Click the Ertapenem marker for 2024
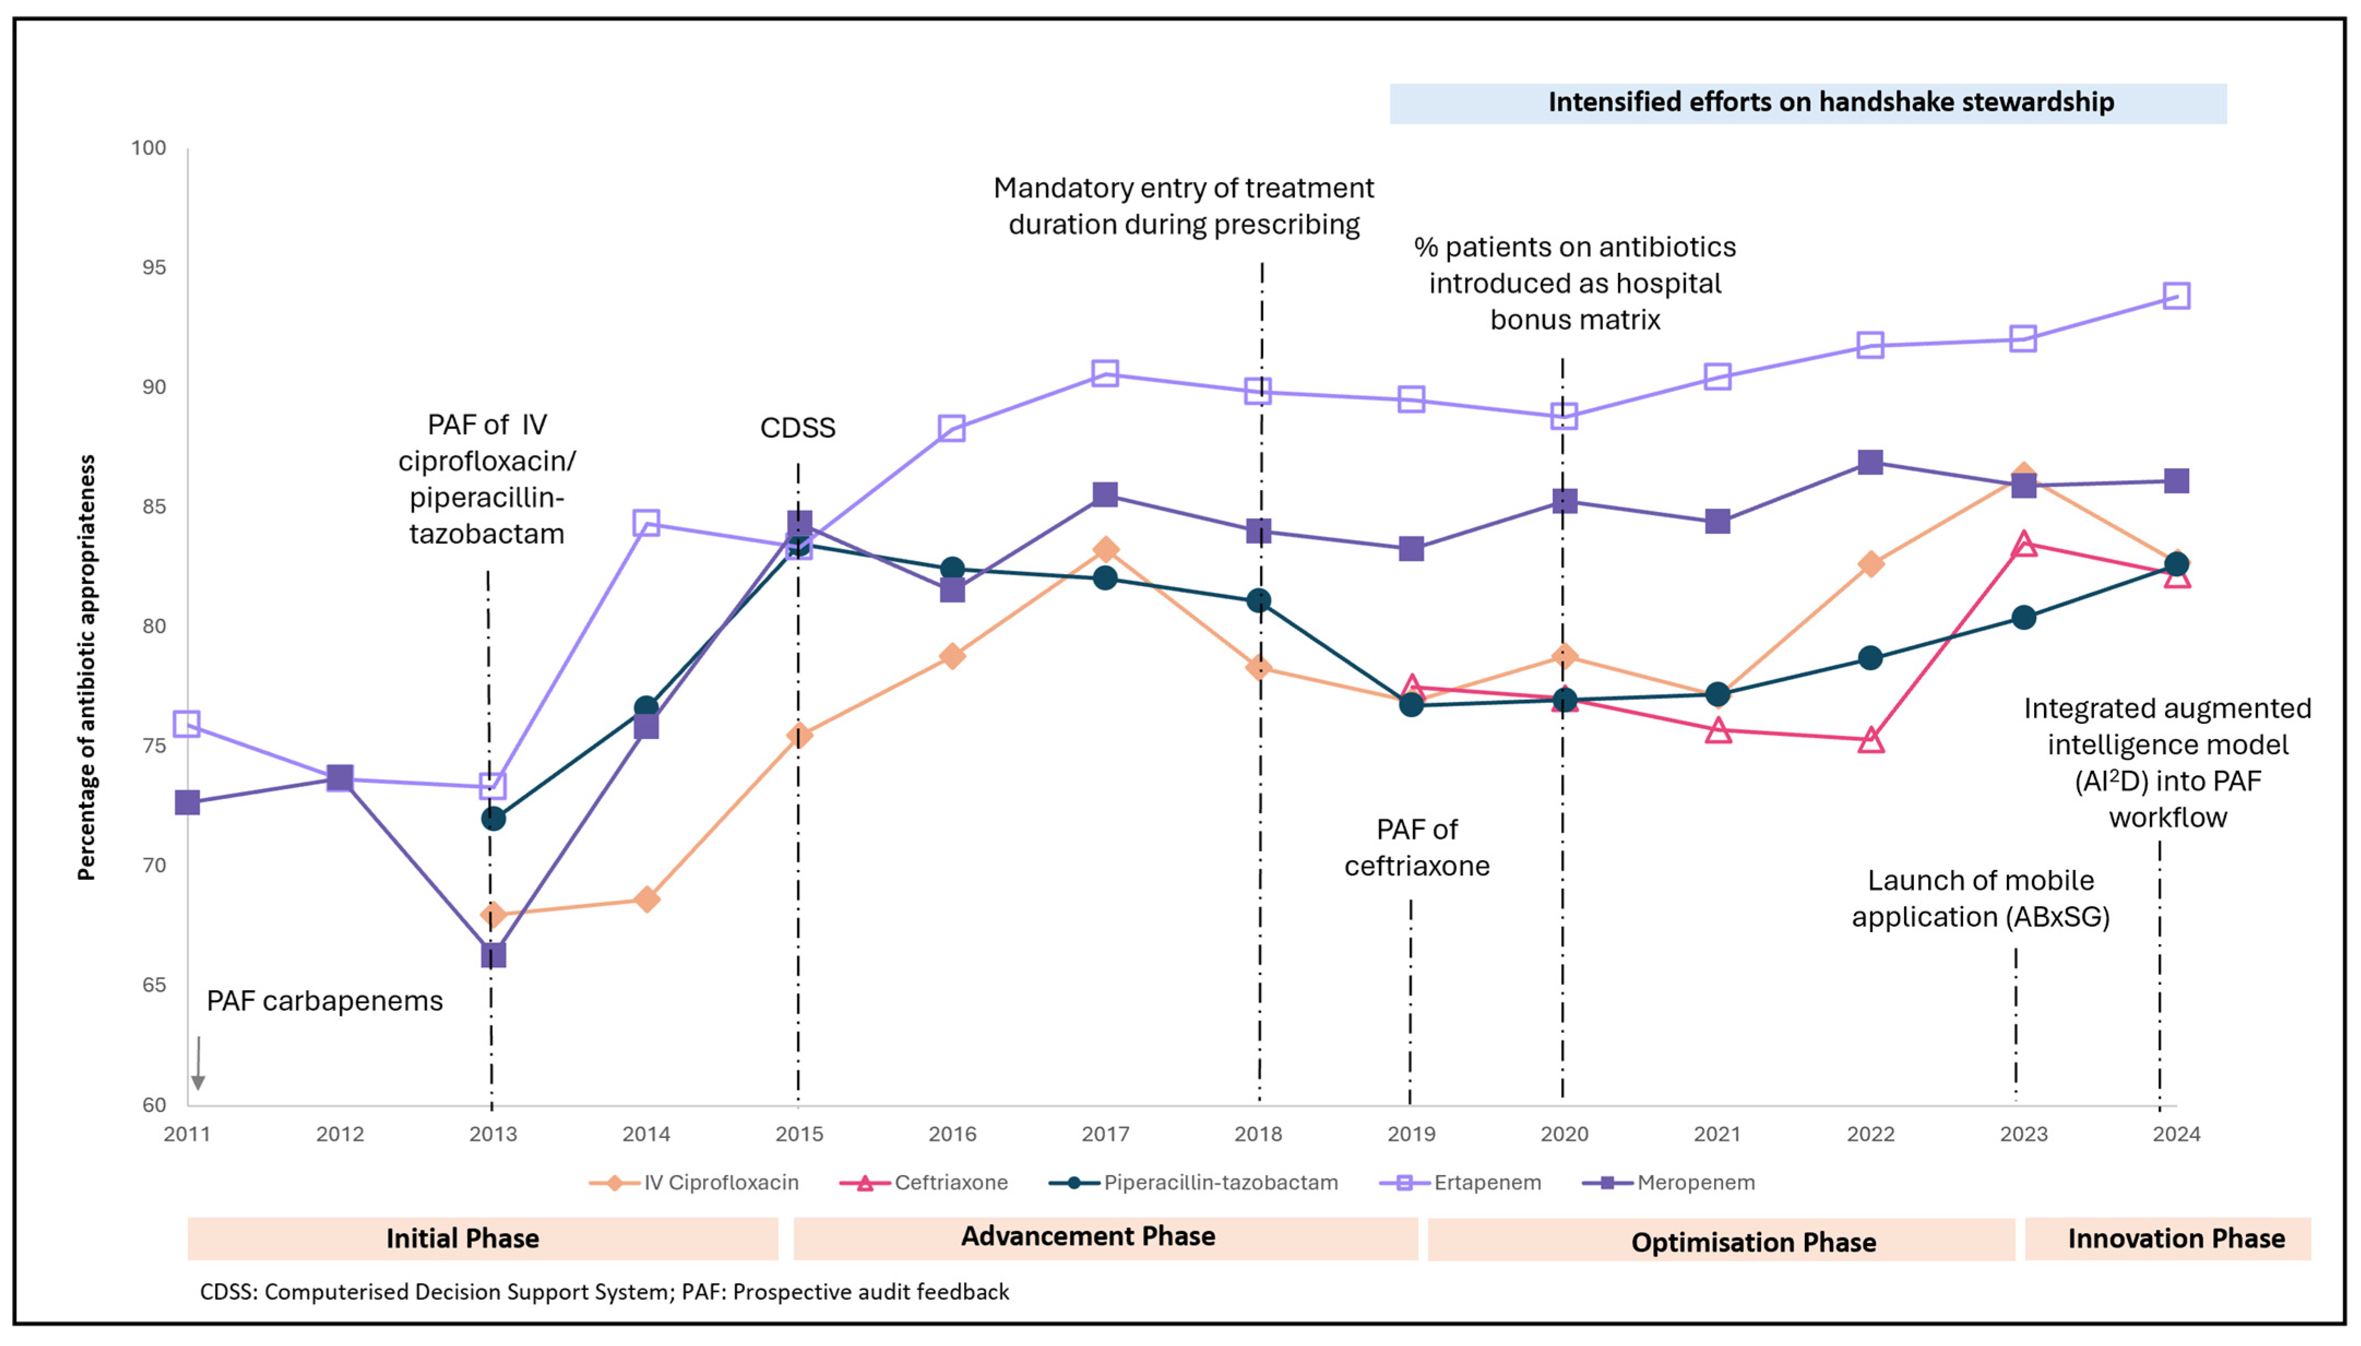(x=2176, y=296)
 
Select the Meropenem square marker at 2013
(x=493, y=955)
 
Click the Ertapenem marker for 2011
(x=188, y=724)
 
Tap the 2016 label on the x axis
(x=952, y=1134)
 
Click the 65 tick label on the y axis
(x=153, y=985)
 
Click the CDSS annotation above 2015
(x=797, y=428)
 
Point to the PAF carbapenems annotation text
(x=324, y=1001)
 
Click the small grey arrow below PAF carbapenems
(x=198, y=1063)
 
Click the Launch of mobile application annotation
(x=1980, y=898)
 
